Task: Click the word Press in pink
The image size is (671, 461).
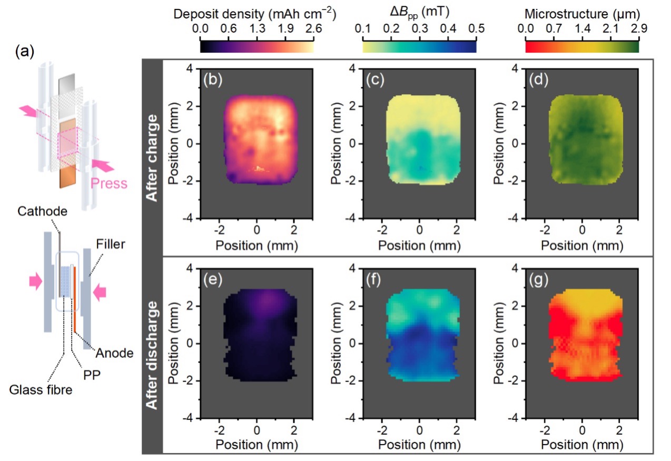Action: point(109,184)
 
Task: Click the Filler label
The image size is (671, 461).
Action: point(112,244)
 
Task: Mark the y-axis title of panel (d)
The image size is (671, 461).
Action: point(496,143)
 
